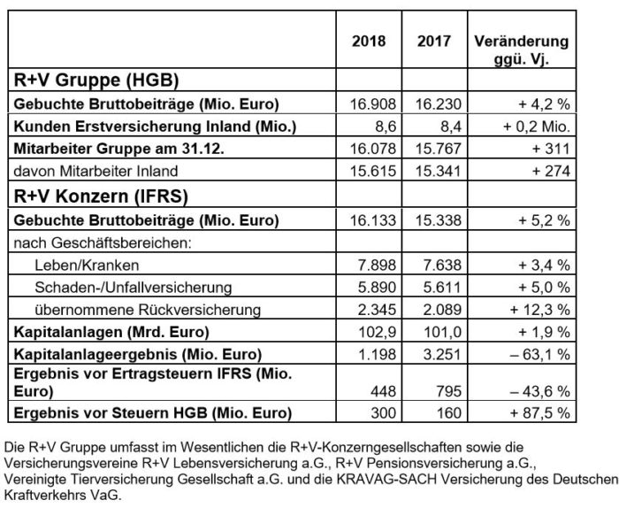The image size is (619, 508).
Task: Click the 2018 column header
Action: click(370, 41)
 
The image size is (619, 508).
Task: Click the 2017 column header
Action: click(433, 41)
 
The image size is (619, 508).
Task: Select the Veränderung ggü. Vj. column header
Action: click(522, 50)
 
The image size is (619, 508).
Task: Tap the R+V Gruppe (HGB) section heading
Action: click(97, 80)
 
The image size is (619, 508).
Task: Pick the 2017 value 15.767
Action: click(433, 149)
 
